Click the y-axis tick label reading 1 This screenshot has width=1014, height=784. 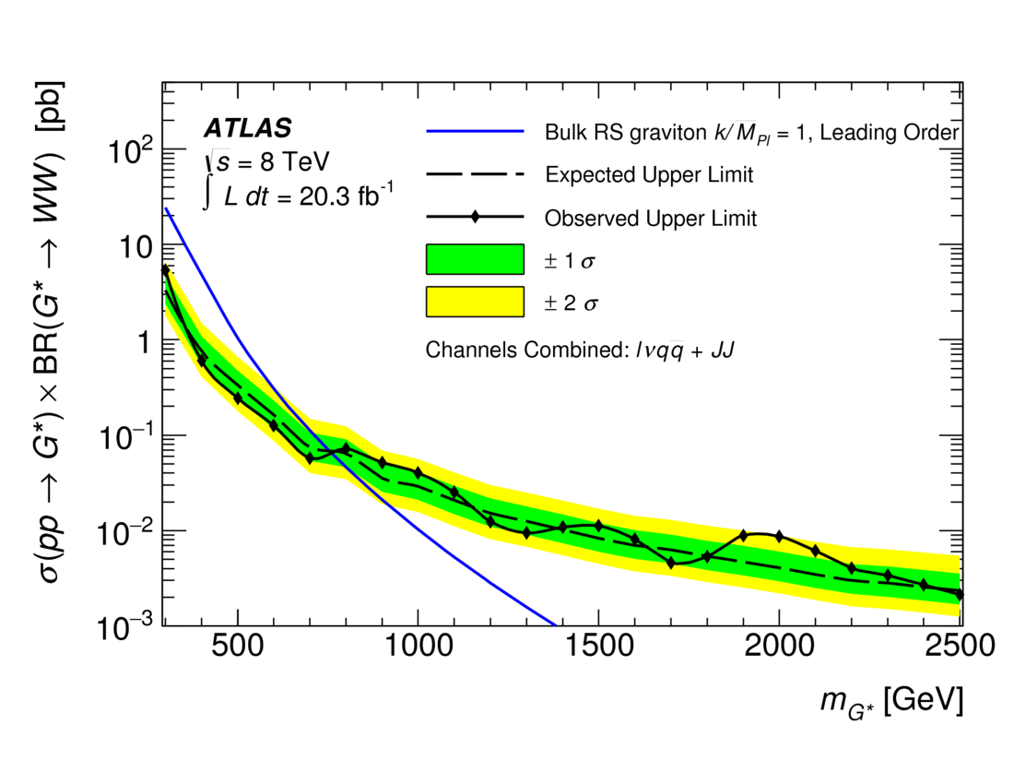coord(142,340)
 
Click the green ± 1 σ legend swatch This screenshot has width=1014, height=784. coord(475,260)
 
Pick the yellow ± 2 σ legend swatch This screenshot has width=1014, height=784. coord(475,302)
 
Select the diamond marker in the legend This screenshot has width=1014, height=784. coord(475,218)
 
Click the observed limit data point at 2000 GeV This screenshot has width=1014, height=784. coord(779,536)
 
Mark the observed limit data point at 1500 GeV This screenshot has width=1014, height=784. coord(598,526)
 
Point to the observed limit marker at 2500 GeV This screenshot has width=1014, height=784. coord(959,594)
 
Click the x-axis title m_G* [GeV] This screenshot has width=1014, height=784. coord(890,703)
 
